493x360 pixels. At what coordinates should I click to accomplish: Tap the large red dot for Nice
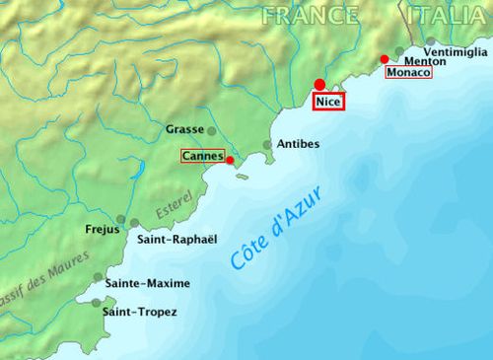(319, 85)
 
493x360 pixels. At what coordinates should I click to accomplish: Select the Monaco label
(409, 73)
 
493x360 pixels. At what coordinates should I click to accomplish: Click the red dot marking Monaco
(385, 60)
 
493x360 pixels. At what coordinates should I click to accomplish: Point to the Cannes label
(202, 155)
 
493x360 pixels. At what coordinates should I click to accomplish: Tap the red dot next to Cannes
(230, 160)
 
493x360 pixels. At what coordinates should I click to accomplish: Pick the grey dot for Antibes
(267, 145)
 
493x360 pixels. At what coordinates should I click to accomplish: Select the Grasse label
(183, 129)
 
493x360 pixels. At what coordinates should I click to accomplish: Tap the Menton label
(423, 60)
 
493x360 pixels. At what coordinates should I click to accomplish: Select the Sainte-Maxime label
(147, 283)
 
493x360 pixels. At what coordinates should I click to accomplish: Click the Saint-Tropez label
(140, 312)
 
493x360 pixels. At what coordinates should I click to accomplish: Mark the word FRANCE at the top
(311, 15)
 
